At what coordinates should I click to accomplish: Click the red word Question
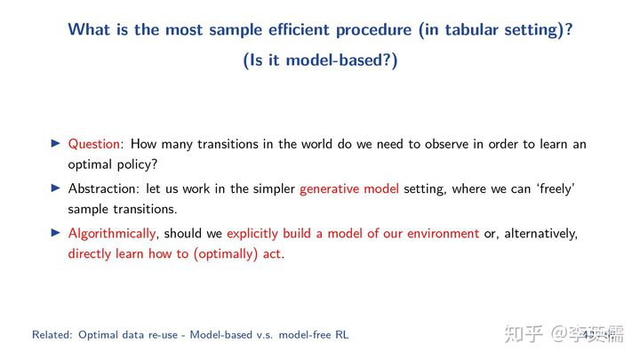(94, 145)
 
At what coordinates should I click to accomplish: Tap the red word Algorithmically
(112, 234)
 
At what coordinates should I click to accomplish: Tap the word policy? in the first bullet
(137, 165)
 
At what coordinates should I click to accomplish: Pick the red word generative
(330, 189)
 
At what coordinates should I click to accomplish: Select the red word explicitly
(252, 234)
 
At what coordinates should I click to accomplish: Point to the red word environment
(443, 234)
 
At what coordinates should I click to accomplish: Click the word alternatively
(540, 234)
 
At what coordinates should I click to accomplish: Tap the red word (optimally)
(225, 254)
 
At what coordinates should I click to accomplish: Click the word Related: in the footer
(52, 335)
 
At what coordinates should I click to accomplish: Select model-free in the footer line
(305, 335)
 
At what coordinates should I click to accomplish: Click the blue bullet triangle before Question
(56, 143)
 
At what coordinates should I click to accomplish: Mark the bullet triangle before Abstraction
(56, 188)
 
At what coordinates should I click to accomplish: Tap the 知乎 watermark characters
(524, 334)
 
